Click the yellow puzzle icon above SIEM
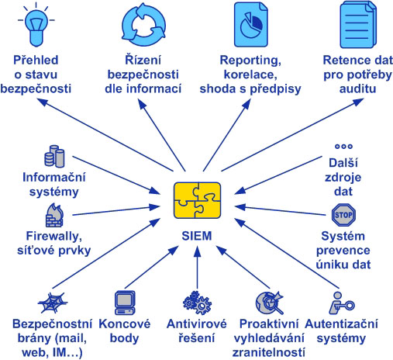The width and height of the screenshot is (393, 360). (x=197, y=200)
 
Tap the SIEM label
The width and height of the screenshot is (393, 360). (x=197, y=236)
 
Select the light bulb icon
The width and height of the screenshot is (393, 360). (x=36, y=26)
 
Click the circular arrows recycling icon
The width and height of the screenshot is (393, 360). (x=143, y=25)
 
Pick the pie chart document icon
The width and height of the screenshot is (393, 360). (x=250, y=25)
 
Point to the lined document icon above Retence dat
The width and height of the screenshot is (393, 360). (x=357, y=25)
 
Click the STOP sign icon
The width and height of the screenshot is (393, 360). (x=343, y=215)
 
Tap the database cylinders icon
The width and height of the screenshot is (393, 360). (x=54, y=156)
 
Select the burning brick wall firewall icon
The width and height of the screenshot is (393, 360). (x=54, y=215)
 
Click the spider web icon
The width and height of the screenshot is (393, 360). (x=53, y=303)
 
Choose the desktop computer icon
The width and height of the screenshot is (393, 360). (x=125, y=303)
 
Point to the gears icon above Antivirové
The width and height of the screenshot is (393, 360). (x=197, y=303)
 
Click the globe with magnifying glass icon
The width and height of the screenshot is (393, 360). (x=270, y=303)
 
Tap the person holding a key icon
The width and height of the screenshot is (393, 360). (x=341, y=303)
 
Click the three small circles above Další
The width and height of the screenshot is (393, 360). (x=343, y=147)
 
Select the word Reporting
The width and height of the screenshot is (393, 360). (x=250, y=61)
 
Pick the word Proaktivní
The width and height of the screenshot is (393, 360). (x=269, y=324)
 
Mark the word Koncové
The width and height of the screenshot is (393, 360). (x=125, y=324)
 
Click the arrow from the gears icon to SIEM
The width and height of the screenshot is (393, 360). (x=197, y=268)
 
